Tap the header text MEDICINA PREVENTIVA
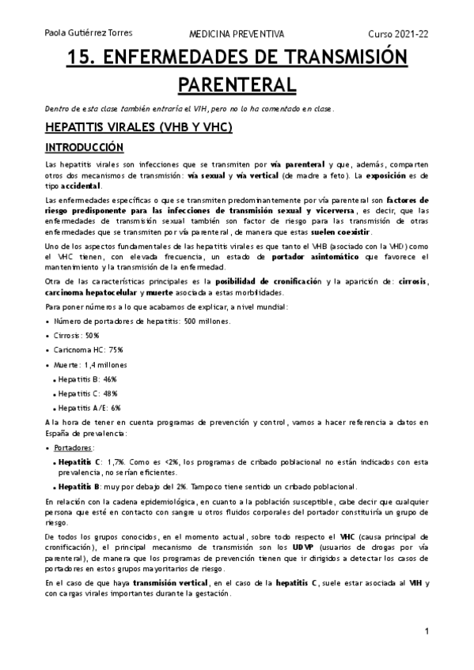236,35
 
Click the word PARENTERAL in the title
236,84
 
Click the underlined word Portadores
75,447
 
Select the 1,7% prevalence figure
116,461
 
